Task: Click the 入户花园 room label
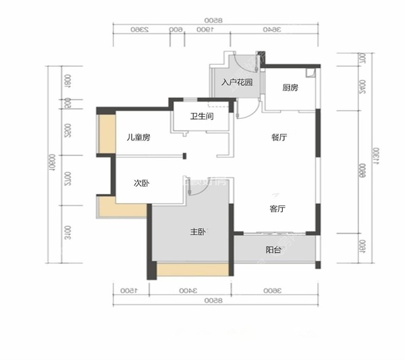point(237,83)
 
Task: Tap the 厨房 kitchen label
point(290,87)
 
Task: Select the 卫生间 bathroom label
point(202,116)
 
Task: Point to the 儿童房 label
point(138,137)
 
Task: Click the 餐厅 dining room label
point(279,137)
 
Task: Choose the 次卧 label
point(141,183)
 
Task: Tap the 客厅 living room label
point(277,209)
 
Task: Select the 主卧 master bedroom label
point(197,232)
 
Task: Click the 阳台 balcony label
point(273,250)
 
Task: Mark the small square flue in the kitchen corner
point(310,72)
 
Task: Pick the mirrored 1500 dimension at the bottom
point(127,290)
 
